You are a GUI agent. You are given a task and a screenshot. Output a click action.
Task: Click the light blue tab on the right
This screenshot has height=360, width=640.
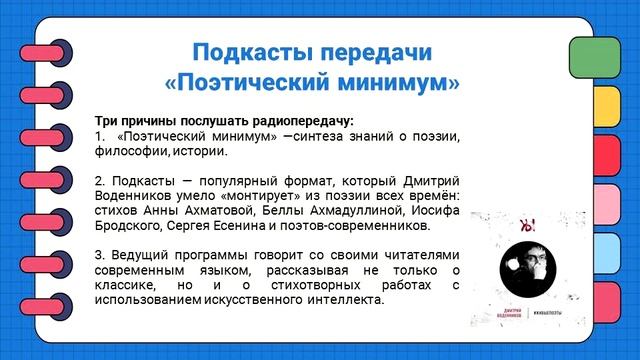click(x=594, y=251)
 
